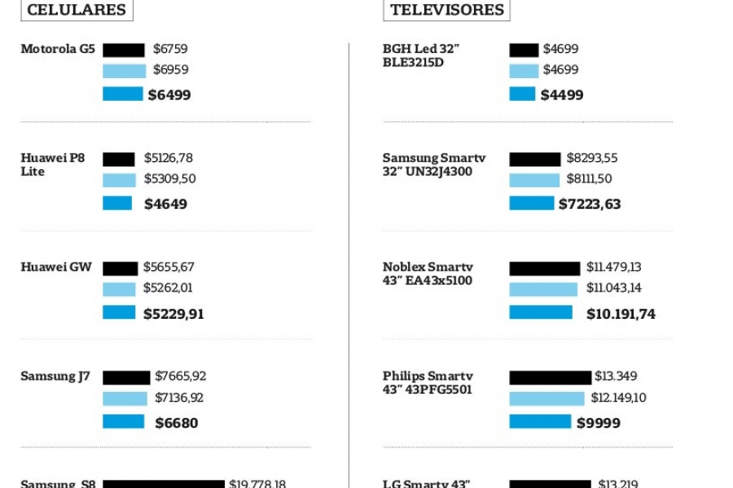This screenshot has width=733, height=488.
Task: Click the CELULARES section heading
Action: (77, 10)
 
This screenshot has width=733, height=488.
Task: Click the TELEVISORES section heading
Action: (446, 10)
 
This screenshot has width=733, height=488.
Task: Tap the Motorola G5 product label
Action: (58, 49)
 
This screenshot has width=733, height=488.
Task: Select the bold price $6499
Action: (169, 95)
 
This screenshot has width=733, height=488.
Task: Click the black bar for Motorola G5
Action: (124, 50)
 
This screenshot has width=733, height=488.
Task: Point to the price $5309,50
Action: (169, 179)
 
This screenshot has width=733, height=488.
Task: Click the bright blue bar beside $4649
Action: (117, 203)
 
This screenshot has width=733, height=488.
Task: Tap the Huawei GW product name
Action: (56, 267)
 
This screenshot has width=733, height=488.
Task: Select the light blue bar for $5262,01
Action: (119, 289)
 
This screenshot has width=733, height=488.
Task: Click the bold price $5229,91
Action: (173, 314)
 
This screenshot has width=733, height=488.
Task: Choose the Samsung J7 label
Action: (55, 377)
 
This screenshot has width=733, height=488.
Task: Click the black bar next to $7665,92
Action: (126, 377)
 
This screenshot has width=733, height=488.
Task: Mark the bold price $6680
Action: (177, 423)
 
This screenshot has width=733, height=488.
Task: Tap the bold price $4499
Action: (562, 95)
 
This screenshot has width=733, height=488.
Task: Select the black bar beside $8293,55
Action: (535, 159)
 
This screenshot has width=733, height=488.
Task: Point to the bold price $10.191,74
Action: (621, 314)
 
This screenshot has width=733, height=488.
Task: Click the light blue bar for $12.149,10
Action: (546, 399)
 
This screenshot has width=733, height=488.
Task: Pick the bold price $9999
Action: (599, 423)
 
